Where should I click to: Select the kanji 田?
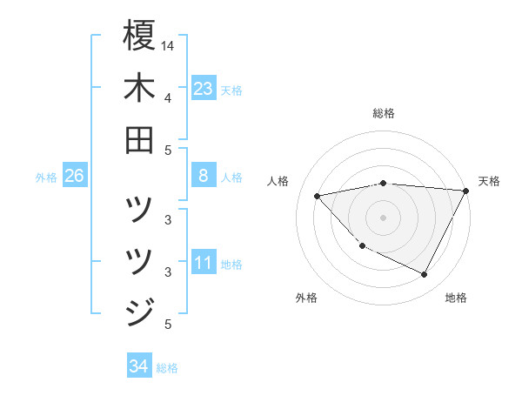coord(139,139)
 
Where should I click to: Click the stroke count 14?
coord(168,45)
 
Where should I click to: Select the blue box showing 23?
coord(204,89)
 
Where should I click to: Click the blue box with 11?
coord(204,264)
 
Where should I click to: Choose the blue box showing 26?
coord(75,177)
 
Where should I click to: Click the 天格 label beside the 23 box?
coord(231,90)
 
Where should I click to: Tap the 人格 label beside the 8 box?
coord(231,178)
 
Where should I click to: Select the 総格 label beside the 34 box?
coord(167,368)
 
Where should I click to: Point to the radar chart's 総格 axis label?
coord(384,113)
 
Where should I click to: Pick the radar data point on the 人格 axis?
coord(318,195)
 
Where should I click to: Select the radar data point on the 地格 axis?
coord(425,275)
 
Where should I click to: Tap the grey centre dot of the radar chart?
coord(384,217)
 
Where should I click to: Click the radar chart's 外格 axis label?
coord(306,298)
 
